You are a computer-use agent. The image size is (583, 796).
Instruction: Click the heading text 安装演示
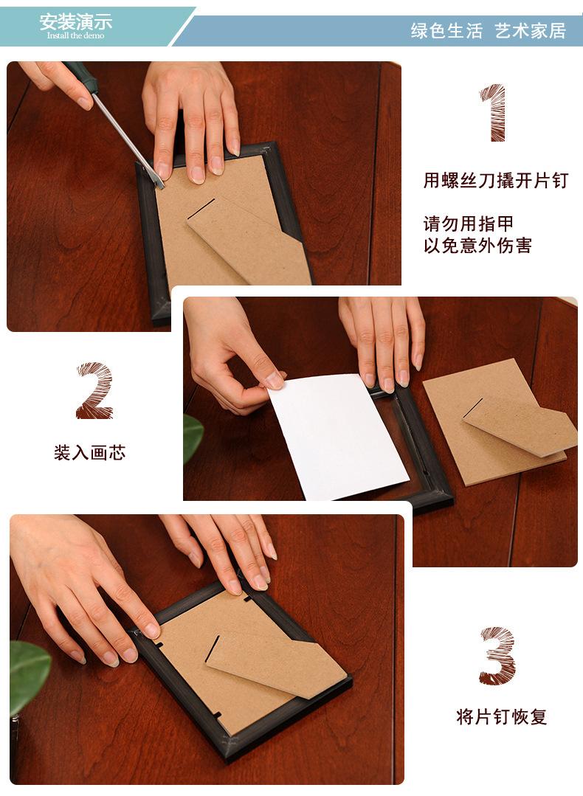[76, 22]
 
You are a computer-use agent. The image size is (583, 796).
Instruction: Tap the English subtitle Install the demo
[76, 35]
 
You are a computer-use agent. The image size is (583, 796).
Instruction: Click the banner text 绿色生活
[446, 31]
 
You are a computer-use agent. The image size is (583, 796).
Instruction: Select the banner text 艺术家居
[530, 31]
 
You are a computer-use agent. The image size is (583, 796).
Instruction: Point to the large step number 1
[493, 113]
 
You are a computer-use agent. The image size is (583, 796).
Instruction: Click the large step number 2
[95, 390]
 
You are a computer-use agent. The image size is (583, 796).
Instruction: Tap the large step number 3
[497, 656]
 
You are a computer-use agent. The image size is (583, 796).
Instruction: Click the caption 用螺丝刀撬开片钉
[495, 180]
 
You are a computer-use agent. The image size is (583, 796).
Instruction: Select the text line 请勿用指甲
[468, 224]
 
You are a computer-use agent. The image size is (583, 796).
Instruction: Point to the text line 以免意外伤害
[477, 245]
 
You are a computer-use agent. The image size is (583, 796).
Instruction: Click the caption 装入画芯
[89, 452]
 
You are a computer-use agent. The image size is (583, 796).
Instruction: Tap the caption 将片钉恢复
[501, 717]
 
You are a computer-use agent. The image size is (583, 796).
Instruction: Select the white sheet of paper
[338, 437]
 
